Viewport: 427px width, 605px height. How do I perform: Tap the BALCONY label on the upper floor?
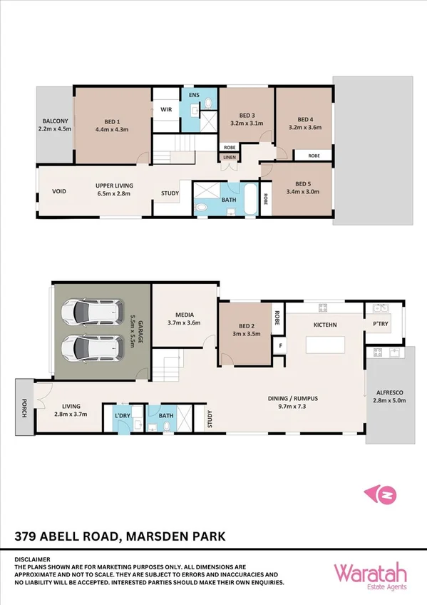click(x=54, y=125)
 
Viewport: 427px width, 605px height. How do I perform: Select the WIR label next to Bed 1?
click(x=166, y=109)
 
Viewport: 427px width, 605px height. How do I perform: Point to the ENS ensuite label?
click(x=193, y=95)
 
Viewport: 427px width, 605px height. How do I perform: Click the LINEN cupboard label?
click(x=229, y=158)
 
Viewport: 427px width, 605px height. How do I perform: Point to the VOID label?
click(x=59, y=192)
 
